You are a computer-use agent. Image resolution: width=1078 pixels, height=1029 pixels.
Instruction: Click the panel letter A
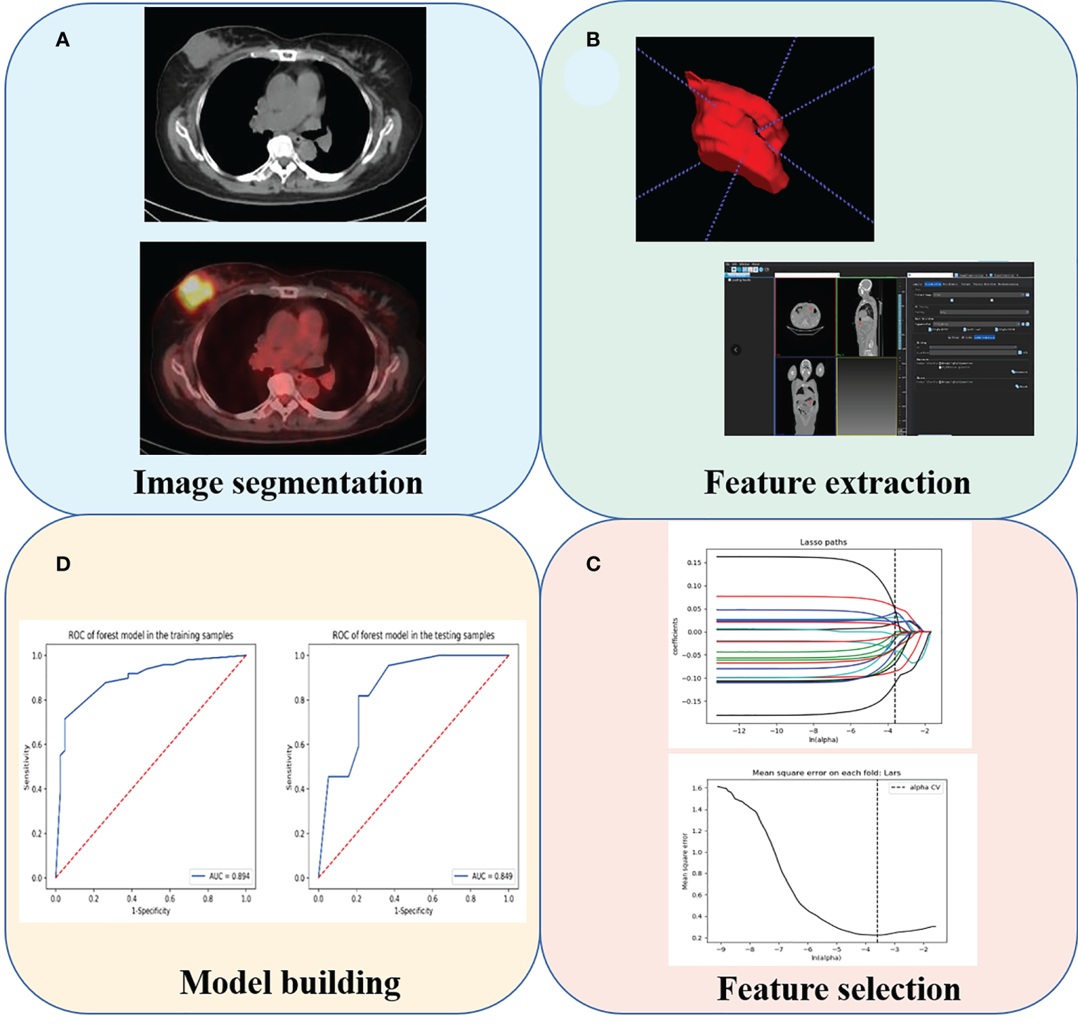tap(63, 40)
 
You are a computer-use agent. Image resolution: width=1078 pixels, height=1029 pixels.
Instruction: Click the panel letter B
tap(593, 40)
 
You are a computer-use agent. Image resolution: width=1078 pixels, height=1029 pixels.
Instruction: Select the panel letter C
tap(593, 564)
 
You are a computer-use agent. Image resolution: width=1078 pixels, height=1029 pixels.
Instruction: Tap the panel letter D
tap(63, 564)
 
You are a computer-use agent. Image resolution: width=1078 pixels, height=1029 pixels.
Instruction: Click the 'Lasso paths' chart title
tap(823, 542)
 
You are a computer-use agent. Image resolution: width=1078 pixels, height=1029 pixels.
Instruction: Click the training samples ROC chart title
tap(150, 635)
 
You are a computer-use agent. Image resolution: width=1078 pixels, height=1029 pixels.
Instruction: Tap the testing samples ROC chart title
tap(413, 635)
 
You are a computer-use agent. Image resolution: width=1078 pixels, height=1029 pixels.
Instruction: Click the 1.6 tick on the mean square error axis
tap(696, 788)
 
